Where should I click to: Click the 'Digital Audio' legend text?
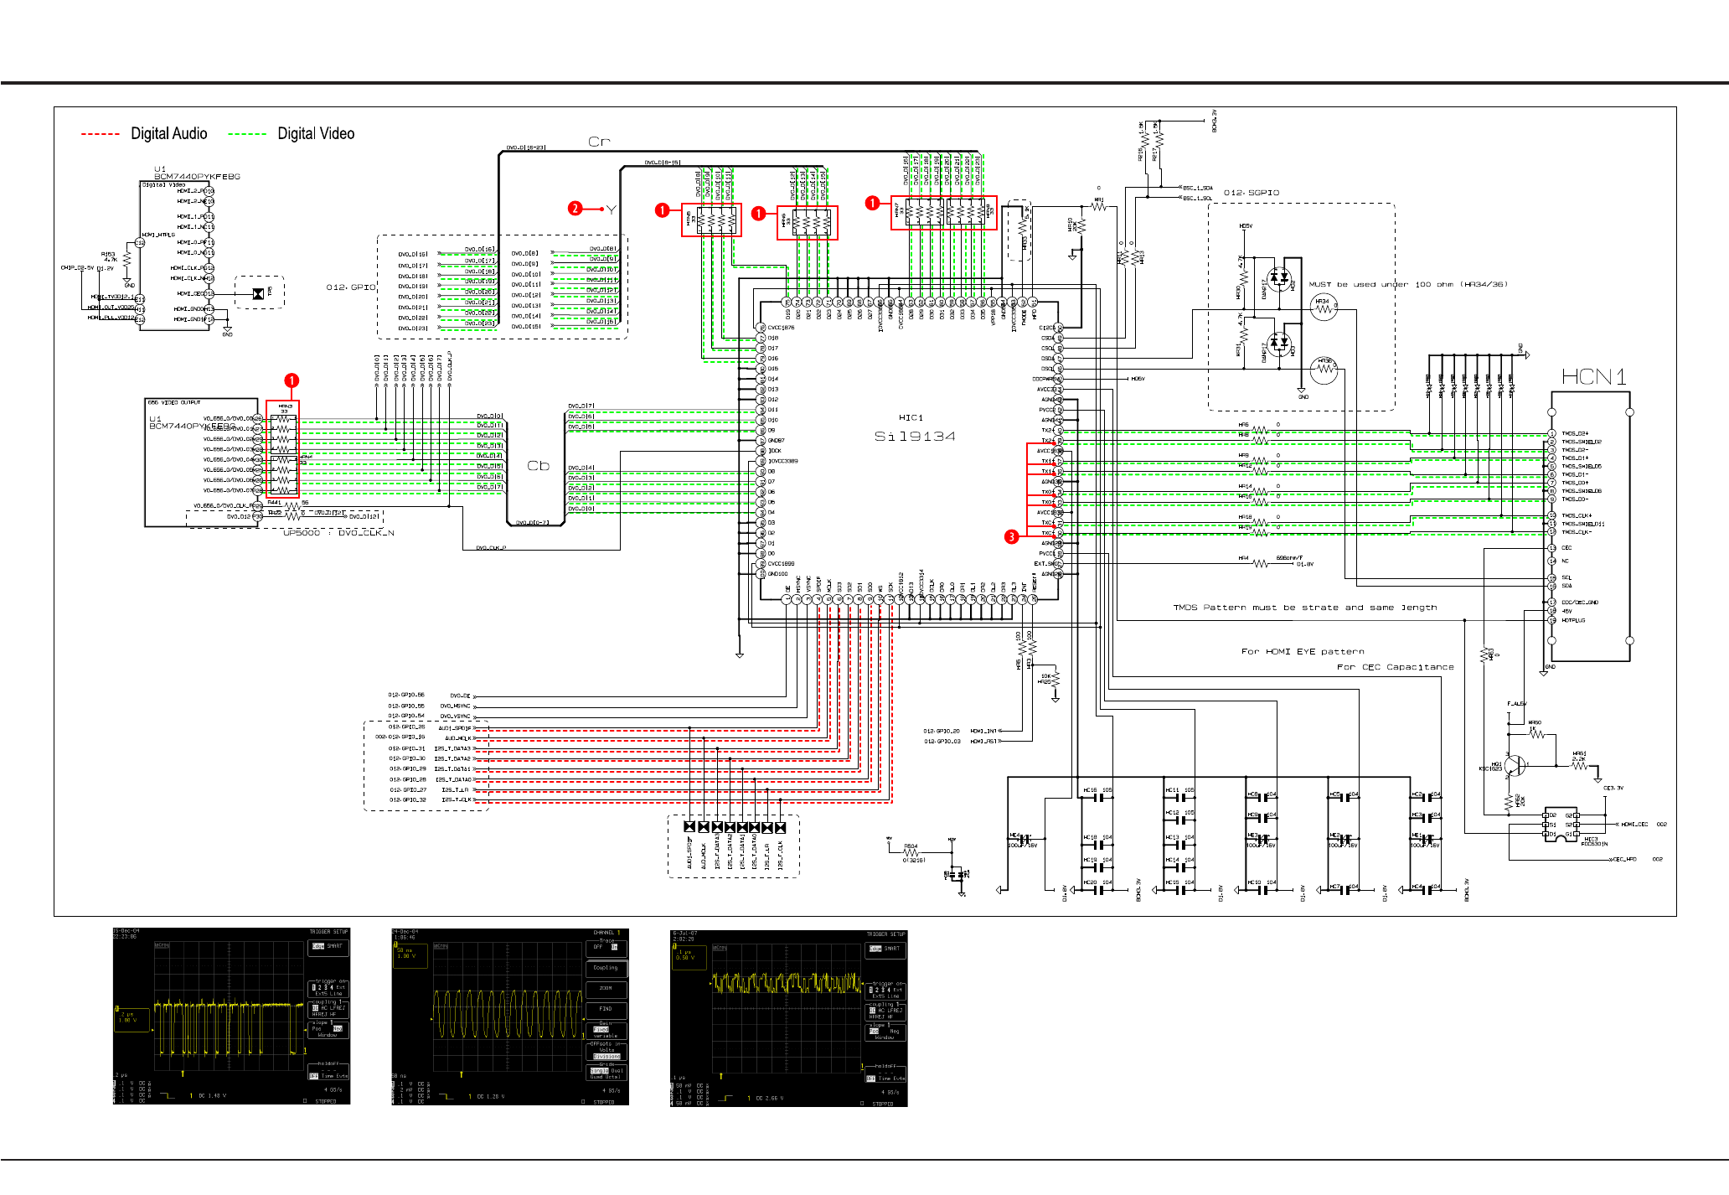(x=168, y=133)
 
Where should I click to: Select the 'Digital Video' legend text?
(x=316, y=133)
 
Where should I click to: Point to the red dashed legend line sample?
(x=101, y=134)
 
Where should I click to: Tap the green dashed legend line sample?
(x=247, y=134)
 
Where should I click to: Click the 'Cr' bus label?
(x=599, y=142)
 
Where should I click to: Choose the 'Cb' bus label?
(x=538, y=466)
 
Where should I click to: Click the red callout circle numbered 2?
(x=575, y=209)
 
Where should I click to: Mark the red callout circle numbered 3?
(x=1012, y=536)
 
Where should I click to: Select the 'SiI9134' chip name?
(x=915, y=436)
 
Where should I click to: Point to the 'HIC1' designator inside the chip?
(x=911, y=417)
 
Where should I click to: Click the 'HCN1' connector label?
(x=1593, y=377)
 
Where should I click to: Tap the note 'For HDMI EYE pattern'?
(x=1303, y=651)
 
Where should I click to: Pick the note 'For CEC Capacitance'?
(x=1395, y=667)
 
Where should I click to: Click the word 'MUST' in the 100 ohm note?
(x=1319, y=284)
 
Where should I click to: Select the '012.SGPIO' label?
(x=1251, y=193)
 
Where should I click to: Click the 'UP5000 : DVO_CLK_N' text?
(x=338, y=532)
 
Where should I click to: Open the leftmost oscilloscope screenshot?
(x=231, y=1016)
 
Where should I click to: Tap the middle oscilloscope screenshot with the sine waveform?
(x=510, y=1016)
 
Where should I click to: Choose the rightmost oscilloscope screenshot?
(x=789, y=1017)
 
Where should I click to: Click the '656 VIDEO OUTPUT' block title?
(x=173, y=402)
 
